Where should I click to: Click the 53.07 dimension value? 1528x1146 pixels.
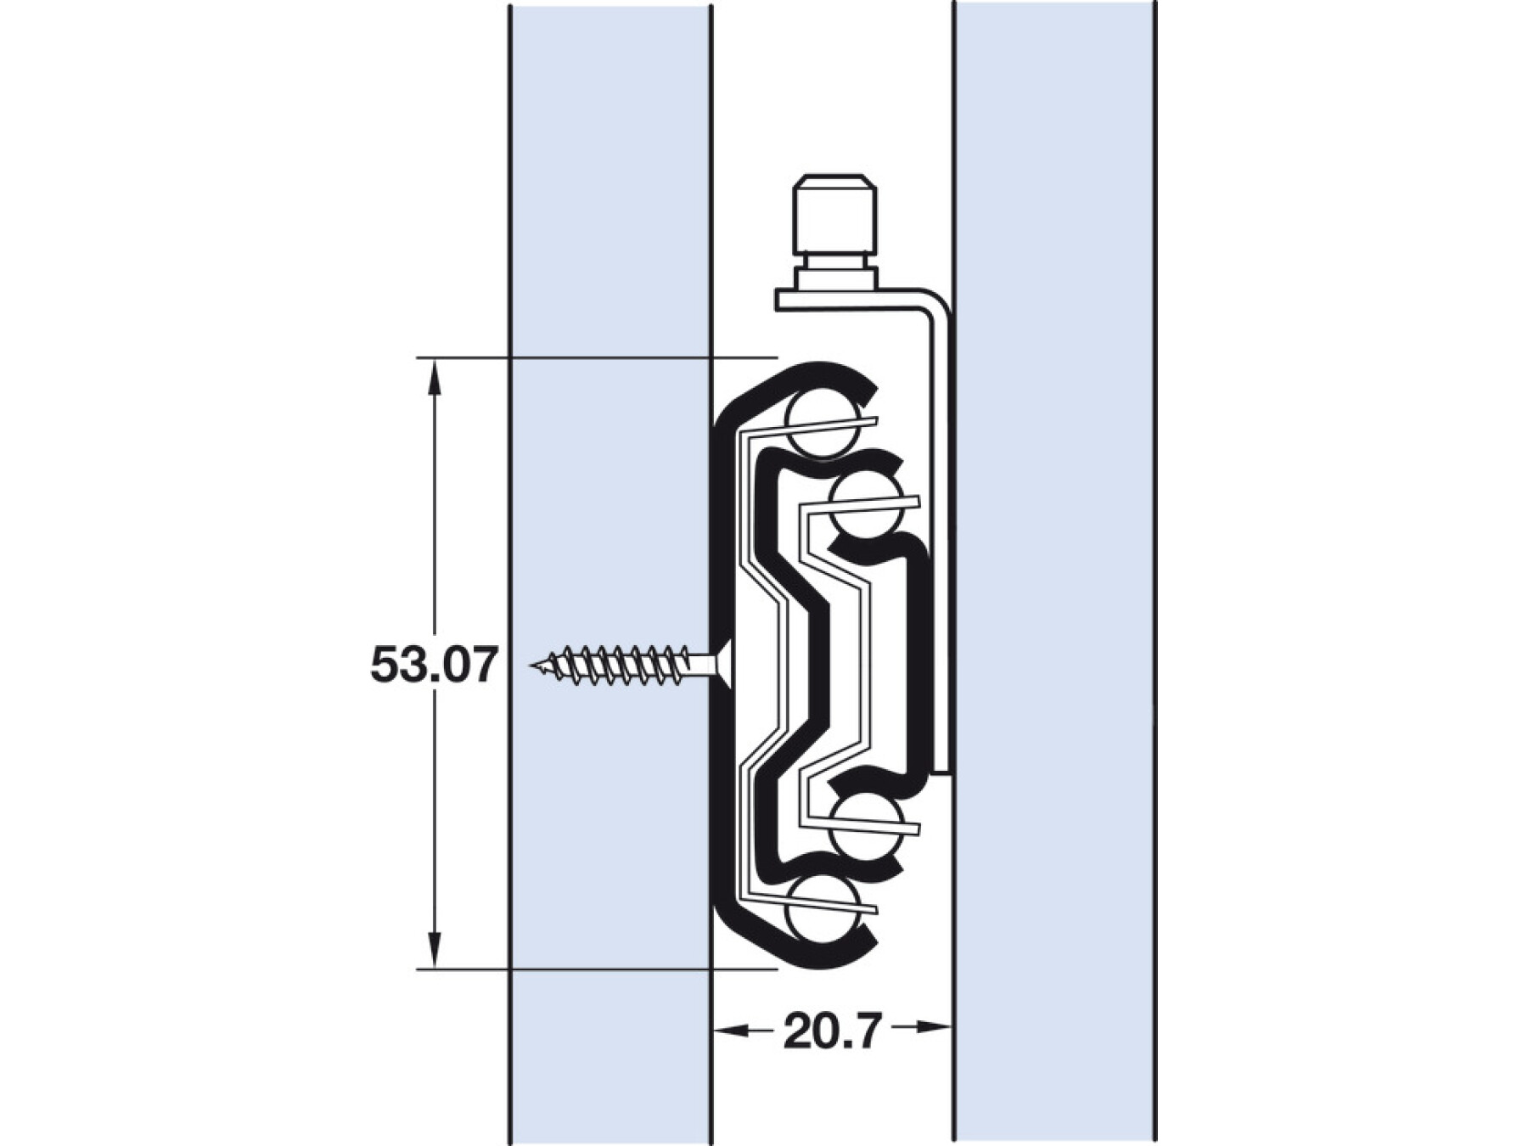coord(433,665)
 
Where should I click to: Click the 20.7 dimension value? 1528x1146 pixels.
coord(832,1031)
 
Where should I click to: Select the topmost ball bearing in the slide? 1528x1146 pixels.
coord(819,421)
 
